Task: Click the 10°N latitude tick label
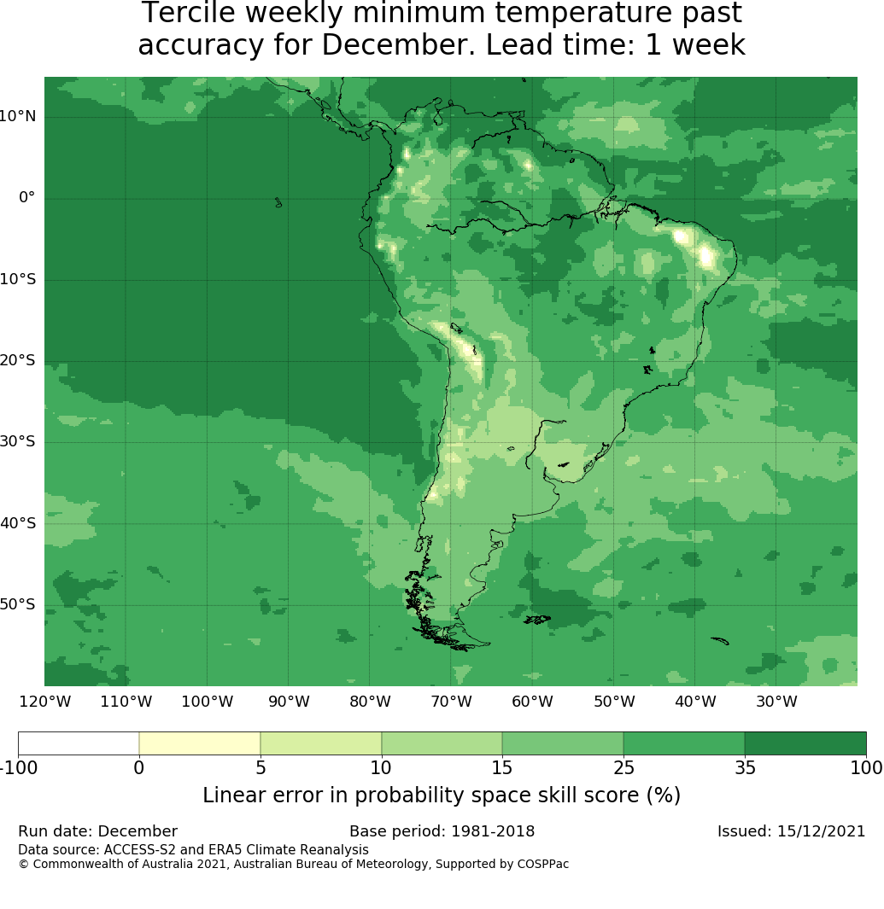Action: (17, 116)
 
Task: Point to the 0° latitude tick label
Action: (27, 198)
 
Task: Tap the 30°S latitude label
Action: (17, 441)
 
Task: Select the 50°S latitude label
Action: (17, 604)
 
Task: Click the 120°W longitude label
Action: (44, 702)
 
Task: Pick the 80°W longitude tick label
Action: (370, 702)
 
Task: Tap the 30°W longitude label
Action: (776, 702)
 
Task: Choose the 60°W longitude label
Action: (532, 702)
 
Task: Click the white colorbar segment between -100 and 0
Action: (79, 743)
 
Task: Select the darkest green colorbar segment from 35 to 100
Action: (805, 743)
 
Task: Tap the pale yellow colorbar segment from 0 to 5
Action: (200, 743)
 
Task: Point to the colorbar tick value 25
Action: (623, 768)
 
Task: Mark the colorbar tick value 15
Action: (502, 768)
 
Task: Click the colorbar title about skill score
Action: (442, 795)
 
